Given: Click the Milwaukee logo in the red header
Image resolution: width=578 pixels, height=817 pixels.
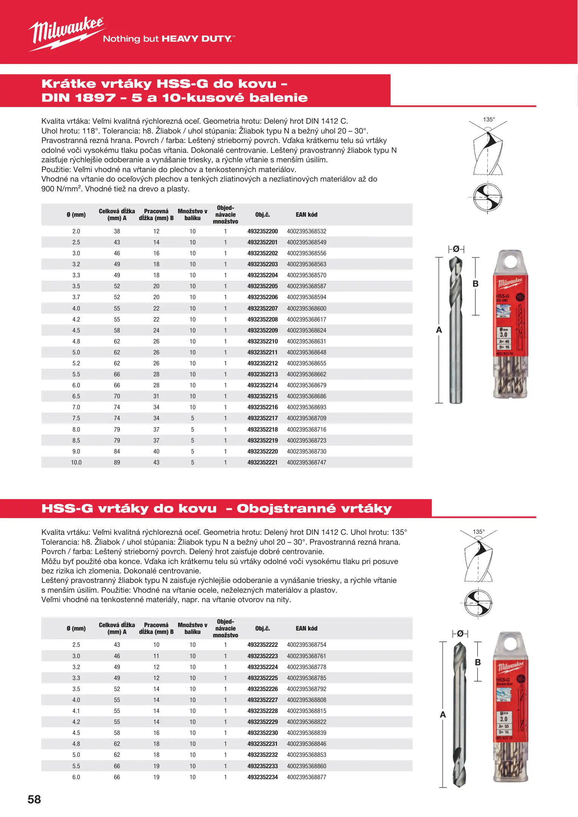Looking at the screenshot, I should [66, 33].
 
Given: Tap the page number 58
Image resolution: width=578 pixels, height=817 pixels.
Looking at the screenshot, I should [34, 799].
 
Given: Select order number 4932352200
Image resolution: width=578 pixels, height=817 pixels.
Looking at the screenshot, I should [262, 231].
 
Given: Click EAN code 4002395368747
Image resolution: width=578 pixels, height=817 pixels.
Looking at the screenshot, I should [306, 462].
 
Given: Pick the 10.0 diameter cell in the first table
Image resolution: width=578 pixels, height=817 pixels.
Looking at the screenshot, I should [76, 462].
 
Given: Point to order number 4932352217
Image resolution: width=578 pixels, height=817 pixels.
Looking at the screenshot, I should [262, 418].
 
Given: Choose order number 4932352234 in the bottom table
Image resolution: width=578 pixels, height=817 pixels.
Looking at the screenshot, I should [262, 777].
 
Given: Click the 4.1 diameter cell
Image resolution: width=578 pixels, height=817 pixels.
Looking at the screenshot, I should [76, 711].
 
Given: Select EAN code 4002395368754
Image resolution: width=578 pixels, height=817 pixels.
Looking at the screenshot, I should [306, 645].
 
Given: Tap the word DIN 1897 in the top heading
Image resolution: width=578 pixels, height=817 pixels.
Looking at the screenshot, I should [79, 98].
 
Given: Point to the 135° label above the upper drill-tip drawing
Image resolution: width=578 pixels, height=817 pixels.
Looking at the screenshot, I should [489, 120].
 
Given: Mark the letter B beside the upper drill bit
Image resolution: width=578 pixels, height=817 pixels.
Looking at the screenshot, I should [476, 284].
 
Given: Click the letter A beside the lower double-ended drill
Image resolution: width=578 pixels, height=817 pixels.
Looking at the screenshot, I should [443, 714].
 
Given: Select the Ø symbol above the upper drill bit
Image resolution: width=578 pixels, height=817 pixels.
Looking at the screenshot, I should [456, 249].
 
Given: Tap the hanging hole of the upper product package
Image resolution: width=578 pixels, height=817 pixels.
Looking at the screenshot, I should [510, 261].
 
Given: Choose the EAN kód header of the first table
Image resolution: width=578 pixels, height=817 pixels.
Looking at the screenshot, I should [306, 214].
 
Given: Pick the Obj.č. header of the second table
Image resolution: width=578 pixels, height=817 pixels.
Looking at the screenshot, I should [262, 628].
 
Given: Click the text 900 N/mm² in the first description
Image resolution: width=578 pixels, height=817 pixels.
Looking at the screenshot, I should [60, 189].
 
